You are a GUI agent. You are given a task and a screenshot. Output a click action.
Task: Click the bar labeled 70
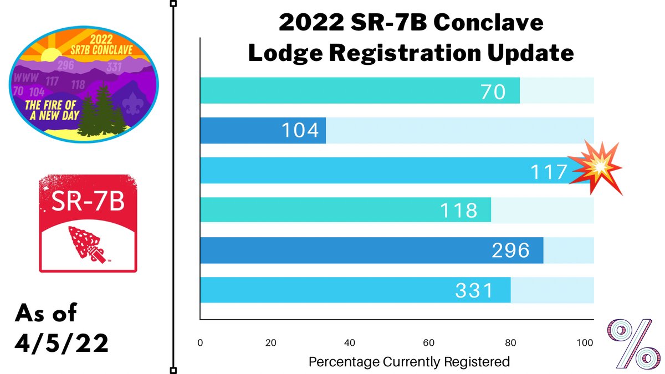(360, 91)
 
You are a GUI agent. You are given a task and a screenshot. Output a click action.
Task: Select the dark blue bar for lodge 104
(263, 131)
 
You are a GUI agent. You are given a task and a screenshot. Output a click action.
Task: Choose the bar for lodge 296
(371, 250)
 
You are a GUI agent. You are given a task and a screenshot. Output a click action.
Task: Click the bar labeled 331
(355, 290)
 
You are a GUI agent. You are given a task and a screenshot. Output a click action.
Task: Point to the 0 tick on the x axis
(200, 342)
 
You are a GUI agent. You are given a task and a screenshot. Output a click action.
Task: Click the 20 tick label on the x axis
(271, 342)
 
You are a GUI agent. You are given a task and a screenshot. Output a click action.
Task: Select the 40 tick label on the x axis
(350, 342)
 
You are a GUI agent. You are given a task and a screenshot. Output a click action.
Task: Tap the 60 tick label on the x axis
(428, 342)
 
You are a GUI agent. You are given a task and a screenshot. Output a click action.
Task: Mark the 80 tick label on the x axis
(507, 342)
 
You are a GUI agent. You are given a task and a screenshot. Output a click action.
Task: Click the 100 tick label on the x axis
(585, 342)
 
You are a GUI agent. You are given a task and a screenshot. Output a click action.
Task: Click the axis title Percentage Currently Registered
(408, 362)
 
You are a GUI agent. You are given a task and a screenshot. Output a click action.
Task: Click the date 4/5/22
(62, 343)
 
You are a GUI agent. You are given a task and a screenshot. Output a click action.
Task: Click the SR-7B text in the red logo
(88, 202)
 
